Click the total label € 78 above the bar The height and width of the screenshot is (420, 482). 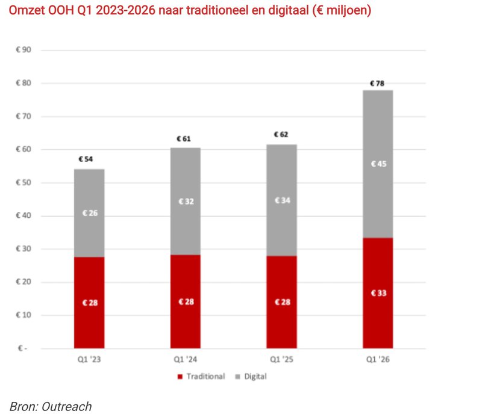pos(377,83)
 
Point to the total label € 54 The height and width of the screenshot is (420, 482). pos(88,159)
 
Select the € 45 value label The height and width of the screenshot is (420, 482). pos(378,164)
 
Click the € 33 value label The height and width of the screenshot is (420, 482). pos(378,293)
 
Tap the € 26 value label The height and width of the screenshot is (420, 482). pos(89,213)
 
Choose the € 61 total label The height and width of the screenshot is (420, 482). pos(184,138)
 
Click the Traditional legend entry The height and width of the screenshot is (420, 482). pos(204,376)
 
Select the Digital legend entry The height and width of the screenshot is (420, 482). pos(255,376)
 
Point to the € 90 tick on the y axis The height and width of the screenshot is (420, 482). pos(23,51)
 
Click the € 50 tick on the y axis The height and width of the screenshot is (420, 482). pos(23,183)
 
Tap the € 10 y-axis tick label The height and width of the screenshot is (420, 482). pos(23,315)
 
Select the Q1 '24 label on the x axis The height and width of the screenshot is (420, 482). pos(185,359)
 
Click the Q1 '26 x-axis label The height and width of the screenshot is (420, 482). pos(378,359)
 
